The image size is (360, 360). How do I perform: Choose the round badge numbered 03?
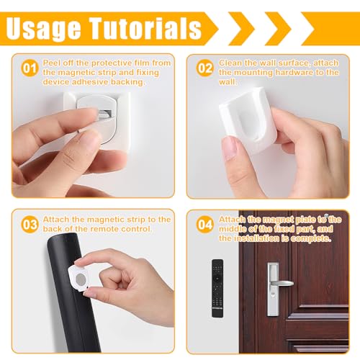pos(28,224)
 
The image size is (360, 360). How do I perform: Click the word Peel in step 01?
pos(52,63)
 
